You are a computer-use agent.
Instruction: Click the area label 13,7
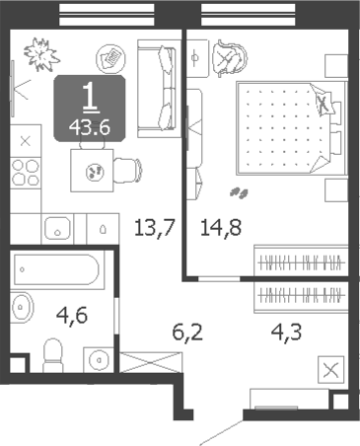coord(154,228)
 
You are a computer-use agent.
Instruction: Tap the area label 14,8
coord(221,228)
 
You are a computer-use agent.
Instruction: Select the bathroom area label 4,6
coord(72,316)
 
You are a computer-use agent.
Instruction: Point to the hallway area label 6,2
coord(187,333)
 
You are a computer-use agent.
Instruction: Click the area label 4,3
coord(286,332)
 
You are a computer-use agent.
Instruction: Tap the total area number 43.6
coord(90,127)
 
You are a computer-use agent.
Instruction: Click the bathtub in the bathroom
coord(56,269)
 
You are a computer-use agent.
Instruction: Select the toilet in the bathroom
coord(53,355)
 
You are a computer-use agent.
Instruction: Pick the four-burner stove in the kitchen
coord(26,173)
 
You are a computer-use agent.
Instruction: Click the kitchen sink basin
coord(57,228)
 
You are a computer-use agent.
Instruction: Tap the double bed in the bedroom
coord(292,128)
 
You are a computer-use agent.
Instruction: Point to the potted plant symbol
coord(41,54)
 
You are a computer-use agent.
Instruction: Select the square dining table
coord(92,171)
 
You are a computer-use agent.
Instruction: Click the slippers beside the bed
coord(239,193)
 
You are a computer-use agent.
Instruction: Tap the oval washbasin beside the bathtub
coord(22,307)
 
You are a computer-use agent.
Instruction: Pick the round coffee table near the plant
coord(111,58)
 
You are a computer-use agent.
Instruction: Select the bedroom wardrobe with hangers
coord(301,260)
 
